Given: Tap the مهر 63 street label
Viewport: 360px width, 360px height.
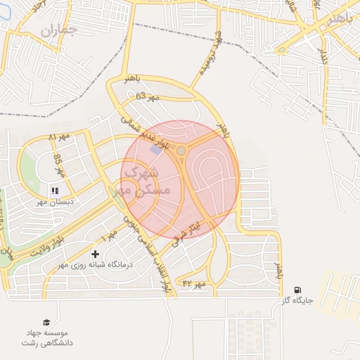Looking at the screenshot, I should coord(149,95).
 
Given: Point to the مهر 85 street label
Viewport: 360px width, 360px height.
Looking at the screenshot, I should coord(59,167).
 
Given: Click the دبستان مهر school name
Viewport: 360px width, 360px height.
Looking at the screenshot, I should coord(61,202).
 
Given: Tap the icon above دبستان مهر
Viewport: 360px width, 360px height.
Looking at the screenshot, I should coord(55,190).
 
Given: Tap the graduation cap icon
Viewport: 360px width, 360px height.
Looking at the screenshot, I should coord(46,321).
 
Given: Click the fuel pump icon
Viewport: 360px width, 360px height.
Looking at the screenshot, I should coord(297,289).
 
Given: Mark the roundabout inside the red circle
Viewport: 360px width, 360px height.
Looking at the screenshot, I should coord(181,150).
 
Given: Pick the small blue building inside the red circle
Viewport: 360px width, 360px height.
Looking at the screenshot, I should coord(155,150).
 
